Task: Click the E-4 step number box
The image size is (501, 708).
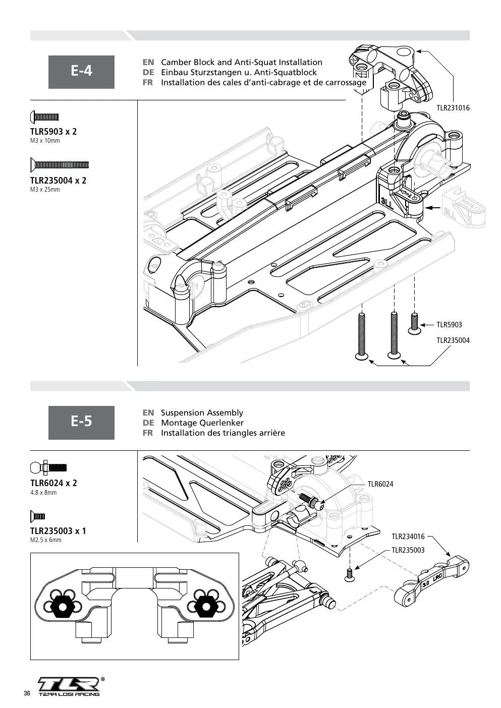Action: (81, 72)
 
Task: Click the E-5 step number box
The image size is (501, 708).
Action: (81, 423)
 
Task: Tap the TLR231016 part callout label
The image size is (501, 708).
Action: (453, 108)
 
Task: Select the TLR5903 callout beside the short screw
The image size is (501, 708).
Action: (449, 325)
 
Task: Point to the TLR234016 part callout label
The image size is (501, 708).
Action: (408, 537)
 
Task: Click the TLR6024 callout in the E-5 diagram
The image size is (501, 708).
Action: (380, 484)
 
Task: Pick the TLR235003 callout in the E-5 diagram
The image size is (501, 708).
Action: (408, 550)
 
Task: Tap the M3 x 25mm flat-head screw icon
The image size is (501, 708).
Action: (60, 165)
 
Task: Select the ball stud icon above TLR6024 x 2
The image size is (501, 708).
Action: (48, 467)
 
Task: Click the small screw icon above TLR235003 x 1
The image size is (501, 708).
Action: (38, 516)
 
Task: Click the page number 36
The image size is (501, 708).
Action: (27, 693)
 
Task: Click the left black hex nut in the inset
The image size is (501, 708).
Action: (63, 606)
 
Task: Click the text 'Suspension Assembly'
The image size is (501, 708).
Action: (202, 412)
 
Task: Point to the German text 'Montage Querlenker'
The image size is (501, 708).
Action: (202, 423)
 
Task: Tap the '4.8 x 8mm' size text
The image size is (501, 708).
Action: (43, 493)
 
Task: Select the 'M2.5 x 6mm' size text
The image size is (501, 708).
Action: (45, 540)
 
